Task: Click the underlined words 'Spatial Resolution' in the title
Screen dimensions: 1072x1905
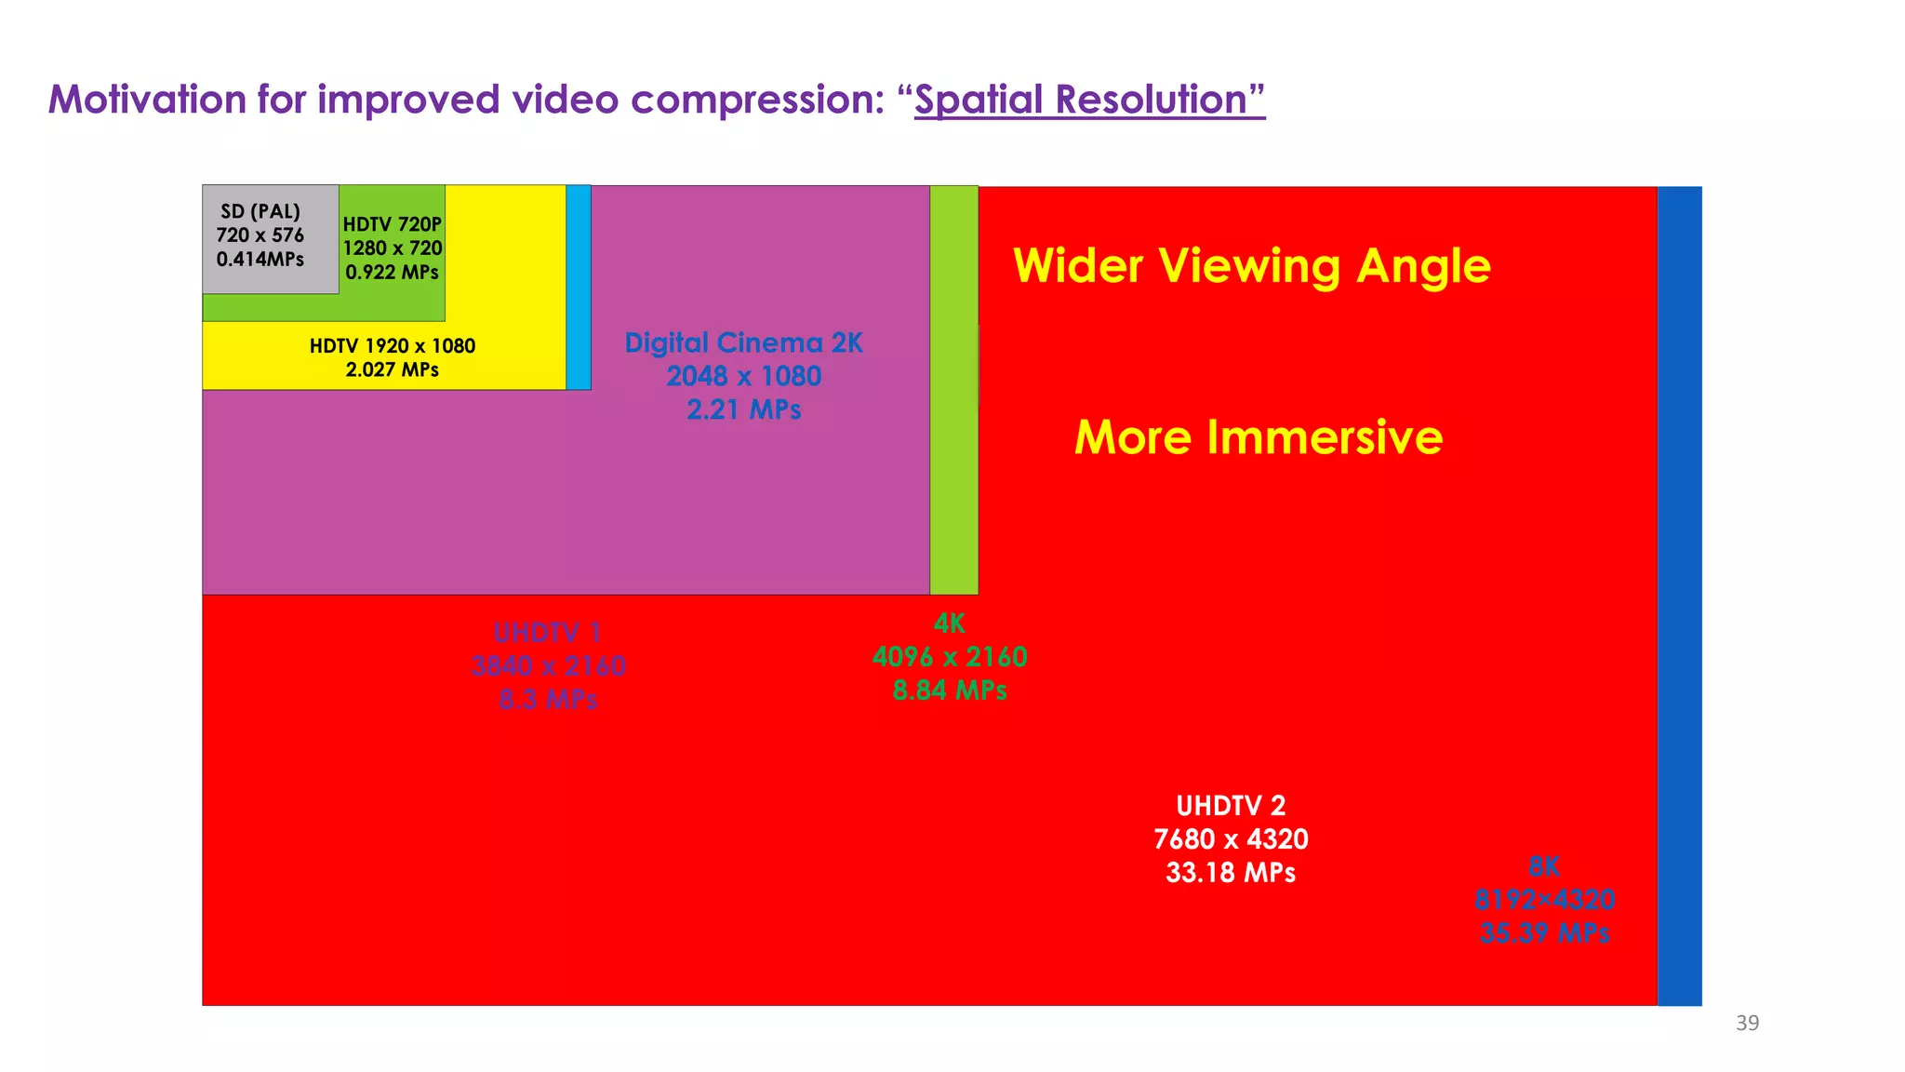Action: (x=1089, y=100)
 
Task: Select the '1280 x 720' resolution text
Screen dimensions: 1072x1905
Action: (x=393, y=248)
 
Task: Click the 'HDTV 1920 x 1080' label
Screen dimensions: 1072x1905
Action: (x=393, y=346)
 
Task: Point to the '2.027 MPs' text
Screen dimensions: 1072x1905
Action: (x=393, y=369)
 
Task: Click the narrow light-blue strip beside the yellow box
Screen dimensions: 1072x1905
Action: (x=579, y=287)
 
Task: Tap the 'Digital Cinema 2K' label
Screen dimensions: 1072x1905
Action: (x=743, y=343)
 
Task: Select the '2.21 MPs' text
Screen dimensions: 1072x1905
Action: (x=743, y=409)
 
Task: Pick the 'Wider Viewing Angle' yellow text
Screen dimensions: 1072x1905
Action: (x=1252, y=266)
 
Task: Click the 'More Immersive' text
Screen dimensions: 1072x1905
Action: (x=1259, y=437)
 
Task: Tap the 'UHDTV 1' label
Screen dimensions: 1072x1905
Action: (x=548, y=633)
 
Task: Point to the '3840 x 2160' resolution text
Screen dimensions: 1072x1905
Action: (x=548, y=666)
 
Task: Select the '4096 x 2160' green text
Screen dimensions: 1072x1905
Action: (x=950, y=657)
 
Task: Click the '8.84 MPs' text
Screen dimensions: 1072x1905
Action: (x=950, y=690)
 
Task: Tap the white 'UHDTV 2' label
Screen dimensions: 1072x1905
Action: (x=1231, y=806)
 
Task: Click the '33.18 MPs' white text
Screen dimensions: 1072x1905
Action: (x=1231, y=873)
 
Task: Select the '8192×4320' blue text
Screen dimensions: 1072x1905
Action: (x=1544, y=900)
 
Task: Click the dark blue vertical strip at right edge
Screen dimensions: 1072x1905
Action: (x=1679, y=596)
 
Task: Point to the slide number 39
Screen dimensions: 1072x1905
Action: (x=1747, y=1024)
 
